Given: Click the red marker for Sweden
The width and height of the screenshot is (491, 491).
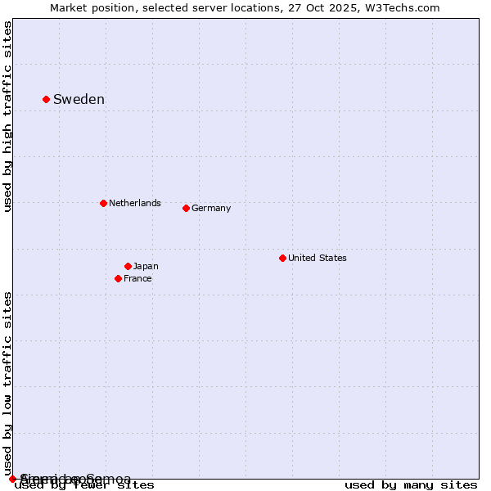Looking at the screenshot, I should (x=46, y=99).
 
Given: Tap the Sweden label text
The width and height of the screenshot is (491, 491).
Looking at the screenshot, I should (x=79, y=100).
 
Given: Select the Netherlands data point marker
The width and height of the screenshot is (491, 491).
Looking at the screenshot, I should (x=103, y=203).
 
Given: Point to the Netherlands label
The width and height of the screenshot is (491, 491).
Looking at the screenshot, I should (x=135, y=203).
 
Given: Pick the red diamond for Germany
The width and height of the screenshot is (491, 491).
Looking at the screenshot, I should (x=186, y=208).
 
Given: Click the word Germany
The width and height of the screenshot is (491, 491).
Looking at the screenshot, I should (x=211, y=208).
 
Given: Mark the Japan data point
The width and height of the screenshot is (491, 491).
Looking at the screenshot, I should (x=128, y=266).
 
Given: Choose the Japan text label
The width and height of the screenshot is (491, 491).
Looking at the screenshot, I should (x=146, y=266).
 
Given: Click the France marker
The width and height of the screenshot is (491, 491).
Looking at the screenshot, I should (x=118, y=278).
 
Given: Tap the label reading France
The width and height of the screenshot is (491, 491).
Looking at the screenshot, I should (x=137, y=278).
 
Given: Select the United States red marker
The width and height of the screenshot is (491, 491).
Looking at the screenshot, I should (x=282, y=258).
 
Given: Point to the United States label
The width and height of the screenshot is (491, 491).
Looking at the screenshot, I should (x=318, y=258).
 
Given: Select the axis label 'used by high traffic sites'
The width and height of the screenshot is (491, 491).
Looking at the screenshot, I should (x=7, y=116).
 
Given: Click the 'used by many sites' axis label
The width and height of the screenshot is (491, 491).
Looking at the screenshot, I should (x=411, y=485).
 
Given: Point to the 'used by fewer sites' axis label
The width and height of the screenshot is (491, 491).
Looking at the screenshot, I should (x=85, y=485).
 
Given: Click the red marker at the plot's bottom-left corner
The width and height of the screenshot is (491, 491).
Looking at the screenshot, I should (x=12, y=479).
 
